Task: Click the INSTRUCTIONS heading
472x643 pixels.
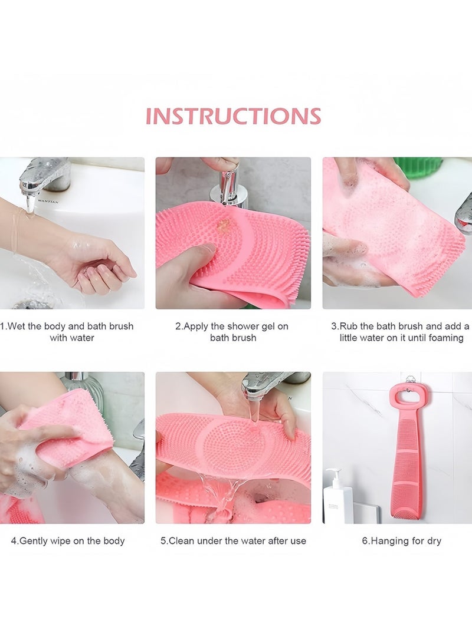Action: coord(233,116)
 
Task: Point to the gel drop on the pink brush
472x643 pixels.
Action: coord(224,225)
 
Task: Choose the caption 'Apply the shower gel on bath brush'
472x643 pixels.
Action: coord(232,332)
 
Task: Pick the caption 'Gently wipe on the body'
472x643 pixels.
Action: coord(68,540)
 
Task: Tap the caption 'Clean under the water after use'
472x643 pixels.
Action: coord(233,540)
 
